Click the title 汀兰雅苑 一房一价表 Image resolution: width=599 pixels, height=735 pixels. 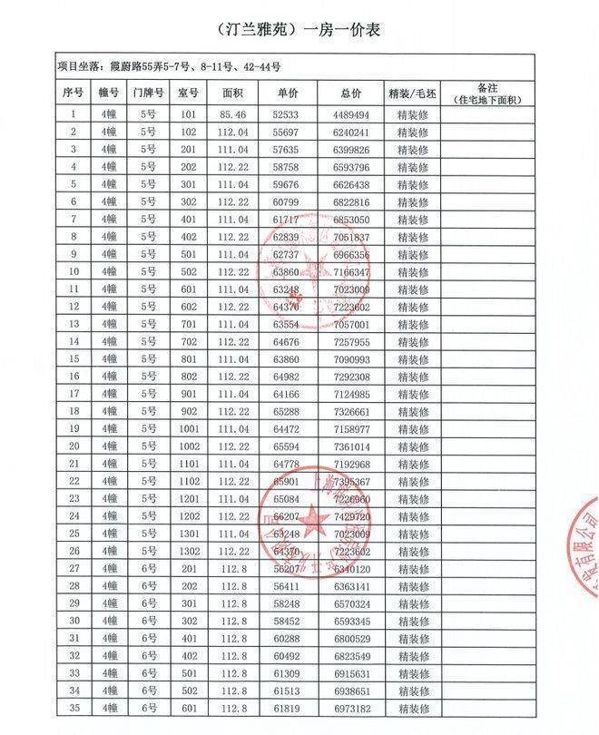tap(300, 31)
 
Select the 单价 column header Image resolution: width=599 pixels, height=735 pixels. tap(278, 93)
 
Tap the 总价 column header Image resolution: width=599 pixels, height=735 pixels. tap(350, 93)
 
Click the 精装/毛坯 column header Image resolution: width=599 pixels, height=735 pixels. tap(413, 93)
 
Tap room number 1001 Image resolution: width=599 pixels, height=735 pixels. tap(188, 427)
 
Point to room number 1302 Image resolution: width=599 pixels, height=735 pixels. tap(188, 551)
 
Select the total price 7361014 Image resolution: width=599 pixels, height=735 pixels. tap(350, 446)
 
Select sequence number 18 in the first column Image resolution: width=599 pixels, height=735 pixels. tap(74, 411)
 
